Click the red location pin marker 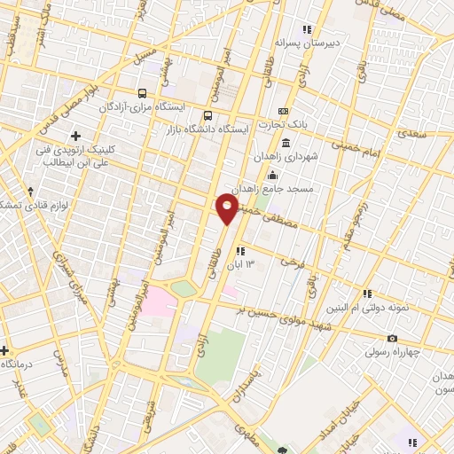[x=227, y=209]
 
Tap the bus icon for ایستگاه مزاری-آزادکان [x=143, y=93]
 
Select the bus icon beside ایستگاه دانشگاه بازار [x=208, y=115]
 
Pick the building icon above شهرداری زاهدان [x=286, y=143]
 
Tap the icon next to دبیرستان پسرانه [x=307, y=28]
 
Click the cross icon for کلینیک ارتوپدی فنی [x=75, y=136]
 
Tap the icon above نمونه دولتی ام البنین [x=366, y=294]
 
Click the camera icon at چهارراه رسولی [x=392, y=339]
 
